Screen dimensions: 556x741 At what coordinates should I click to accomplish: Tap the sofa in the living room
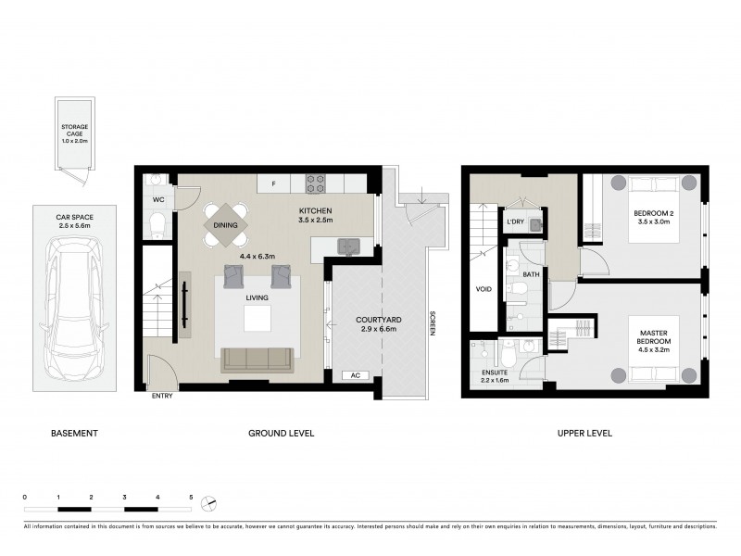[257, 360]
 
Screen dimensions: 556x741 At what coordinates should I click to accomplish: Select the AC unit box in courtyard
[355, 375]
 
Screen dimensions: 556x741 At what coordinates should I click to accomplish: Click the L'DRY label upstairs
[516, 221]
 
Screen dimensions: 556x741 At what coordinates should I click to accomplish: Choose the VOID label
[483, 289]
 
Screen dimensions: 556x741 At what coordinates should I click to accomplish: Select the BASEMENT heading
[74, 433]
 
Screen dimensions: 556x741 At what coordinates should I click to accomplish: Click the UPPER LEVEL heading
[584, 433]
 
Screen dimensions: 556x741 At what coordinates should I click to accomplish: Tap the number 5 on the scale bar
[191, 499]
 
